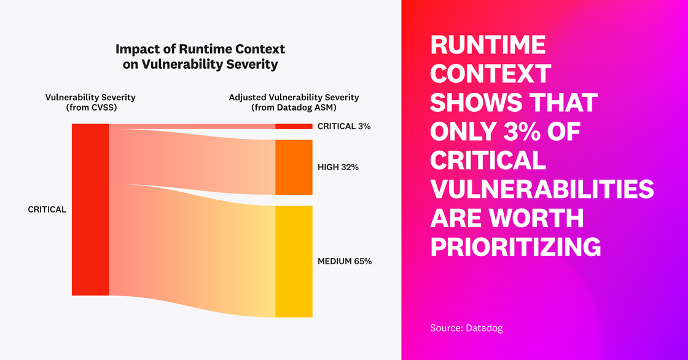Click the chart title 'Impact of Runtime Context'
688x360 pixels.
point(200,49)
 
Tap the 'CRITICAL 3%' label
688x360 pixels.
point(344,127)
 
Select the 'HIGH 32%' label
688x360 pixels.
point(338,167)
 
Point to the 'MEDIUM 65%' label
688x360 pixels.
point(345,261)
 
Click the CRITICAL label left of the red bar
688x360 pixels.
point(47,209)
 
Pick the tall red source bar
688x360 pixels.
point(90,209)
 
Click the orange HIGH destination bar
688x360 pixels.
point(294,167)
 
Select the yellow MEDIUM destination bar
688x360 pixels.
point(294,261)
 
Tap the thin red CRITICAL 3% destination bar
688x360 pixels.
point(294,127)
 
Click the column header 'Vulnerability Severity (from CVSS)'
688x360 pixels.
point(90,102)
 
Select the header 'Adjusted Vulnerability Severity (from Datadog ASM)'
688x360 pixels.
point(294,102)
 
